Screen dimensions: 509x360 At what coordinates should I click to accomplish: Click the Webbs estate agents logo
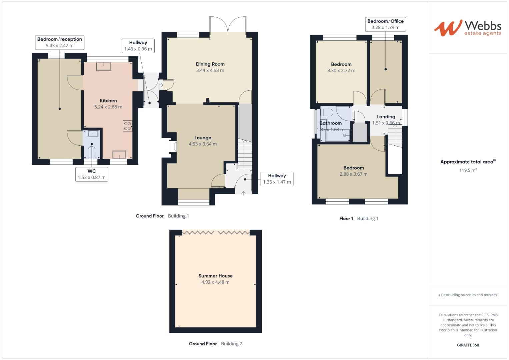pos(468,28)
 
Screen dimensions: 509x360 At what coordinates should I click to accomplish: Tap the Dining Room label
pos(210,64)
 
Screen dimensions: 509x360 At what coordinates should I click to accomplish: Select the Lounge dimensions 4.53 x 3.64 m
pos(203,144)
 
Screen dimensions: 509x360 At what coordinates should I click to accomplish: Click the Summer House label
pos(215,276)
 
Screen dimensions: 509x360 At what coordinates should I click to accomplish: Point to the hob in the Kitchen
pos(127,126)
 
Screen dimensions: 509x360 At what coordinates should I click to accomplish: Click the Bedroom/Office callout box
pos(385,24)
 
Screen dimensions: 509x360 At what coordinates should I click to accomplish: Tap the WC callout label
pos(92,174)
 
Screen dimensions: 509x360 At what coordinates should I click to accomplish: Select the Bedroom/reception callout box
pos(60,42)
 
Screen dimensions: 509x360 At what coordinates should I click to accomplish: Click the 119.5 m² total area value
pos(468,170)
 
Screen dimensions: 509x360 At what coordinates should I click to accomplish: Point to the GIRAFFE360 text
pos(468,345)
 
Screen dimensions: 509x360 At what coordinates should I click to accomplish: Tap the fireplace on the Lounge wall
pos(173,147)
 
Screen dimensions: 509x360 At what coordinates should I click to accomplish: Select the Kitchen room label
pos(108,100)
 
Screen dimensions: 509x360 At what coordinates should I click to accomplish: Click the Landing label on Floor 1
pos(386,117)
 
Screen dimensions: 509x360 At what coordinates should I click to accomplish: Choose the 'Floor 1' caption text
pos(346,218)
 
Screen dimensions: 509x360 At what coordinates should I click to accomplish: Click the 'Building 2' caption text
pos(232,344)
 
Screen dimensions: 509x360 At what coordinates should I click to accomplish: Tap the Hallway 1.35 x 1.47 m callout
pos(277,179)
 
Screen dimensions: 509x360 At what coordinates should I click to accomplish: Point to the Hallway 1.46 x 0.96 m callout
pos(138,46)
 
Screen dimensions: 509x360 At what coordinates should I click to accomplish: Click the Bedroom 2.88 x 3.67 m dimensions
pos(353,174)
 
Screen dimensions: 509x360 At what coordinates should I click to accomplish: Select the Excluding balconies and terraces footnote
pos(468,295)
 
